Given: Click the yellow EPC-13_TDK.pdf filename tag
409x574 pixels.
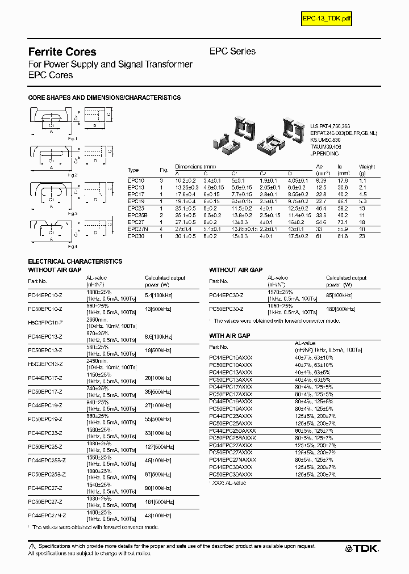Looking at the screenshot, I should tap(327, 19).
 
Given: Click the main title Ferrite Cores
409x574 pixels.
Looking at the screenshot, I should tap(62, 52).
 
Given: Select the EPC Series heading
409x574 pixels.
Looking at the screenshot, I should tap(232, 51).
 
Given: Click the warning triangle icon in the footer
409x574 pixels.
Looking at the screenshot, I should tap(32, 545).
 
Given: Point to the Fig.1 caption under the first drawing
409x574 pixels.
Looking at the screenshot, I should tap(73, 138).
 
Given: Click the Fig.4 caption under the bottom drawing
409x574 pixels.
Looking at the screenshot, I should tap(73, 247).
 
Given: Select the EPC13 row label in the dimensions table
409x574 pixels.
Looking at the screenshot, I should tap(136, 187).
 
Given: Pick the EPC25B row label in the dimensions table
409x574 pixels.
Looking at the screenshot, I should tap(137, 216).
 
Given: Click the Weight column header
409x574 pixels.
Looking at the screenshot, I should tap(367, 167).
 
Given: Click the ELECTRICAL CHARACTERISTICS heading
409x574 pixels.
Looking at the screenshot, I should tap(75, 261).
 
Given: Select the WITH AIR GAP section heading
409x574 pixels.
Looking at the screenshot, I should tap(229, 336).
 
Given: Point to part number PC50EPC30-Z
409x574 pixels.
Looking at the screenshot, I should tap(226, 309).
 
